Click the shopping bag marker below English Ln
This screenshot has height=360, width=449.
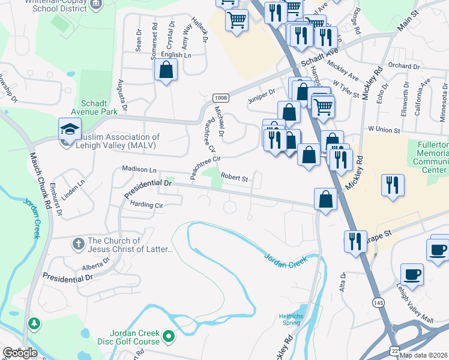click(x=166, y=70)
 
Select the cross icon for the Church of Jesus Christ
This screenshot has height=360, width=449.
click(x=78, y=244)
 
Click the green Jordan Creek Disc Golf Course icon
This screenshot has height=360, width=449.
click(x=169, y=337)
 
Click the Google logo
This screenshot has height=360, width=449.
click(x=20, y=353)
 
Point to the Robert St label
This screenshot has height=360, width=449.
click(x=234, y=178)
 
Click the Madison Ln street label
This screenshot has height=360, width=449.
click(x=139, y=170)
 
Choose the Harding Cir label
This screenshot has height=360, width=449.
click(x=146, y=205)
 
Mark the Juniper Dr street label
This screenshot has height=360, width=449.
click(x=262, y=92)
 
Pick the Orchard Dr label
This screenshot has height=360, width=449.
click(x=403, y=66)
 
